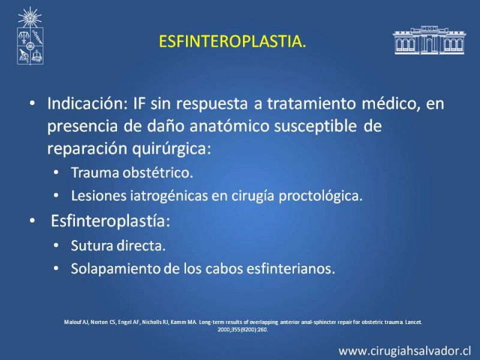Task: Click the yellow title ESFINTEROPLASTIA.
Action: click(233, 41)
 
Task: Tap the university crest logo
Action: click(30, 36)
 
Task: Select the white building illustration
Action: click(429, 40)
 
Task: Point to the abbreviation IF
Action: click(140, 103)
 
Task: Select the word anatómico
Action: click(229, 126)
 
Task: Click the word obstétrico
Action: click(158, 173)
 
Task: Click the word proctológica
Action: click(320, 196)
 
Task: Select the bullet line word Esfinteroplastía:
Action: click(110, 221)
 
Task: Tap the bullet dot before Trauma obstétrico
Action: click(56, 173)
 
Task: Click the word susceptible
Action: click(316, 126)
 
